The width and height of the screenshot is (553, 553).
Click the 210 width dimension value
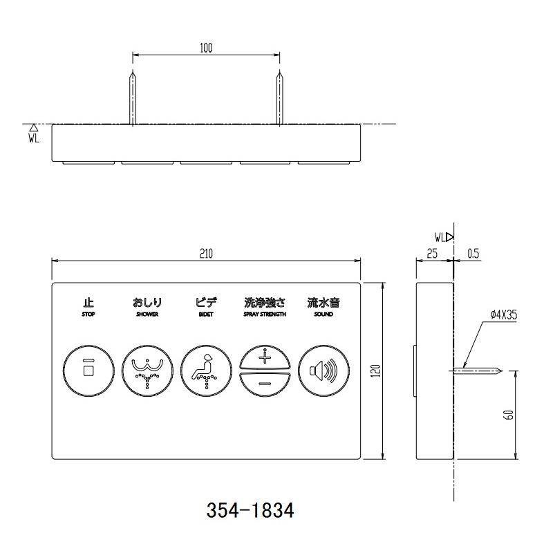206,254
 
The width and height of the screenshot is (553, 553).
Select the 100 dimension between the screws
206,48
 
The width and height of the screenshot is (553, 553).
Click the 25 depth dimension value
433,254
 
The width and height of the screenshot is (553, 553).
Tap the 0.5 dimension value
474,254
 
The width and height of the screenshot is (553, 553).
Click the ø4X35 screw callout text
505,314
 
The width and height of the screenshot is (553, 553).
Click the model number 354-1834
250,511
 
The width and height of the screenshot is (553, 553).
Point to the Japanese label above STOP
88,302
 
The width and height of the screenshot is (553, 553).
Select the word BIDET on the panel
206,315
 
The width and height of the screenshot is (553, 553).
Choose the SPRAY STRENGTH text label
264,315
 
